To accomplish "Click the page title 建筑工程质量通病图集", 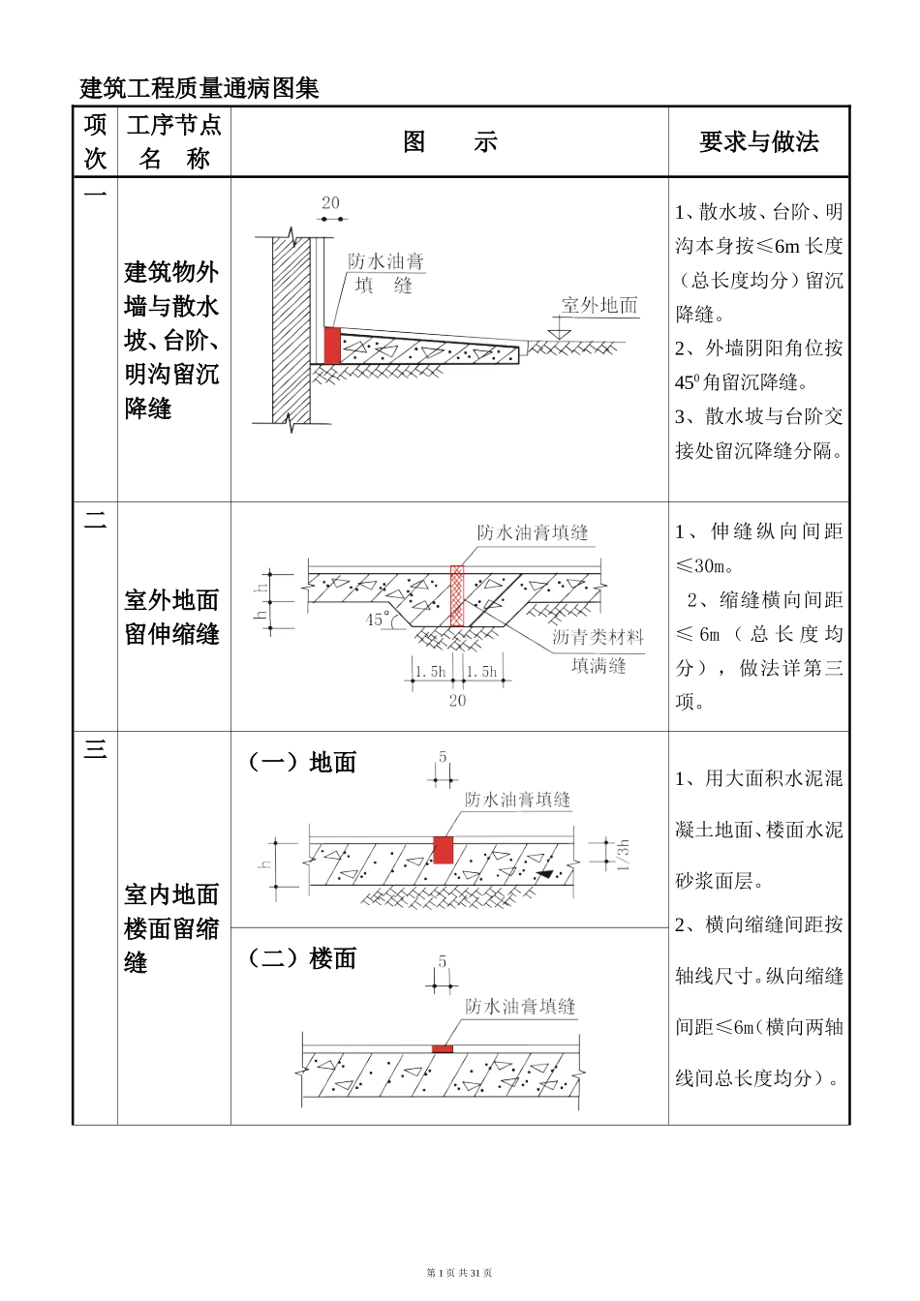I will [x=199, y=88].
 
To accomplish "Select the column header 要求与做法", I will [x=758, y=142].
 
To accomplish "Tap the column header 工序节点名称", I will [x=174, y=141].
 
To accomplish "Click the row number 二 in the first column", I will [x=95, y=522].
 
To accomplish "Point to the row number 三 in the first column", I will [x=95, y=749].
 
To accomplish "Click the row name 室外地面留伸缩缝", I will [x=172, y=617].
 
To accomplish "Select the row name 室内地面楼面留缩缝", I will [x=172, y=928].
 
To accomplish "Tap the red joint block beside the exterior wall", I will [x=332, y=346].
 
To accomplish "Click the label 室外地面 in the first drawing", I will [x=599, y=306].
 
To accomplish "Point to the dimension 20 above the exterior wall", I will [x=330, y=203].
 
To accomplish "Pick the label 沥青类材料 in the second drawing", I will [x=598, y=637].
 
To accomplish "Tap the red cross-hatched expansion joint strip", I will [x=457, y=596].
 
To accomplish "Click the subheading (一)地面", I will [x=302, y=763].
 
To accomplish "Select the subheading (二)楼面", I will [x=302, y=958].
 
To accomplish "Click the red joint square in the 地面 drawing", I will [x=444, y=850].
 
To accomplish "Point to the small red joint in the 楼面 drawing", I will [x=443, y=1048].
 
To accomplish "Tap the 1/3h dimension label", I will [x=624, y=855].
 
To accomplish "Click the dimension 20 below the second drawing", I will [x=457, y=700].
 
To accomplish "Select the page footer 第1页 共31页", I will [x=459, y=1273].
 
